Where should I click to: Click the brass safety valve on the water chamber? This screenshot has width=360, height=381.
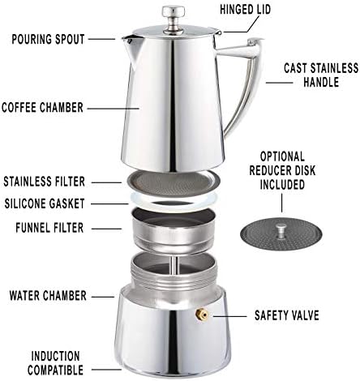(x=202, y=315)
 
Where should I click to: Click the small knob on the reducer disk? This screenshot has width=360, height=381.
(x=281, y=231)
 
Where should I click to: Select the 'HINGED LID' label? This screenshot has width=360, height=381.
(x=245, y=10)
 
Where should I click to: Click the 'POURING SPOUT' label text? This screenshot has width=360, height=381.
(x=48, y=39)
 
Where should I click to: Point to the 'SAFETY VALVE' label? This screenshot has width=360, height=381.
(x=287, y=315)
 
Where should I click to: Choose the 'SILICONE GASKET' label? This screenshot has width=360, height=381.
(x=45, y=203)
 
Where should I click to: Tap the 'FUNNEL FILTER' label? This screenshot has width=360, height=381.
(x=49, y=228)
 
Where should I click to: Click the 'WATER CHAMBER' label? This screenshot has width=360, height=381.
(x=48, y=296)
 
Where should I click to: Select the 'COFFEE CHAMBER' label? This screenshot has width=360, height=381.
(x=42, y=107)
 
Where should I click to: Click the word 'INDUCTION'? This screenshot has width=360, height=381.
(x=55, y=356)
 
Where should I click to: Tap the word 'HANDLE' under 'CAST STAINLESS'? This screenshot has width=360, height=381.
(x=321, y=82)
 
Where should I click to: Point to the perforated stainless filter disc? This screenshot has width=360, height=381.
(x=172, y=183)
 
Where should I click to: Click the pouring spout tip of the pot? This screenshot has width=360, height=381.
(x=123, y=38)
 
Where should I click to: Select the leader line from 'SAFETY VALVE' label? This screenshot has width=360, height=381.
(x=229, y=316)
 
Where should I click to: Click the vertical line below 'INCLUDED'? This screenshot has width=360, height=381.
(x=282, y=203)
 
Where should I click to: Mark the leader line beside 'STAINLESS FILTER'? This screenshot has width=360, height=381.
(x=106, y=182)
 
